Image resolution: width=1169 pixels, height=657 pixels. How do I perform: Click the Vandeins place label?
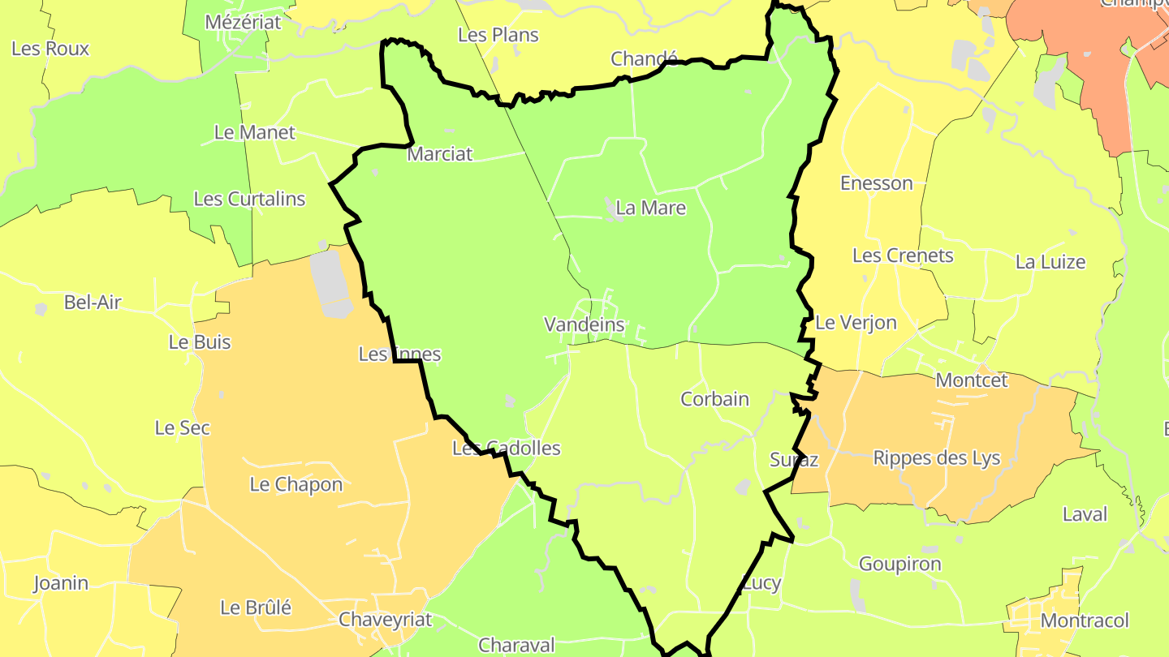(x=584, y=325)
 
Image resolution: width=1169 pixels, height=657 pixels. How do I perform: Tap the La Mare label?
(x=650, y=208)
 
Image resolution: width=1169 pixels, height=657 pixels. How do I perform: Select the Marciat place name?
(x=439, y=154)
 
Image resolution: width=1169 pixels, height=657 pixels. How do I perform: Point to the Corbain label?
(x=714, y=399)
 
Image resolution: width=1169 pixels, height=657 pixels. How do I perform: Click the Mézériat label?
(x=243, y=22)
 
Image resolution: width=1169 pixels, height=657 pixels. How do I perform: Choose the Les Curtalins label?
(x=249, y=199)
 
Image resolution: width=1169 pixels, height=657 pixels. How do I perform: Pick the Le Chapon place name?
(x=295, y=485)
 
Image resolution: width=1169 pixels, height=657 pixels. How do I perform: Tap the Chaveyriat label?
(x=386, y=620)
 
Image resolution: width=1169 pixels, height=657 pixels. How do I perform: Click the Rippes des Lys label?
(x=936, y=458)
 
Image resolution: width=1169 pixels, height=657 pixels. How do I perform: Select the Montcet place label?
(x=972, y=380)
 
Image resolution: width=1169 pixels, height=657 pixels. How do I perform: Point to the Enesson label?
(x=877, y=183)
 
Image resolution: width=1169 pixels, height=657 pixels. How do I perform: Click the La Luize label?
(x=1050, y=262)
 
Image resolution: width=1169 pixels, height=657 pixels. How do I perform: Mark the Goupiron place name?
(x=899, y=564)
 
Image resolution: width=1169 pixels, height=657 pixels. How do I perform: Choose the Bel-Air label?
(x=93, y=303)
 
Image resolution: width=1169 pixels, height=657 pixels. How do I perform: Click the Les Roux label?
(x=50, y=49)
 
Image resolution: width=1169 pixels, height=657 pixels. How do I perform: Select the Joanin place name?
(x=61, y=583)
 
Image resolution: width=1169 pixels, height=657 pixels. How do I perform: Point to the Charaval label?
(x=516, y=646)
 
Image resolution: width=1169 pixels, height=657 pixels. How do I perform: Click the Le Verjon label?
(x=856, y=323)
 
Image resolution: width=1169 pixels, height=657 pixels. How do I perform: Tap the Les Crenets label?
(x=903, y=256)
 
